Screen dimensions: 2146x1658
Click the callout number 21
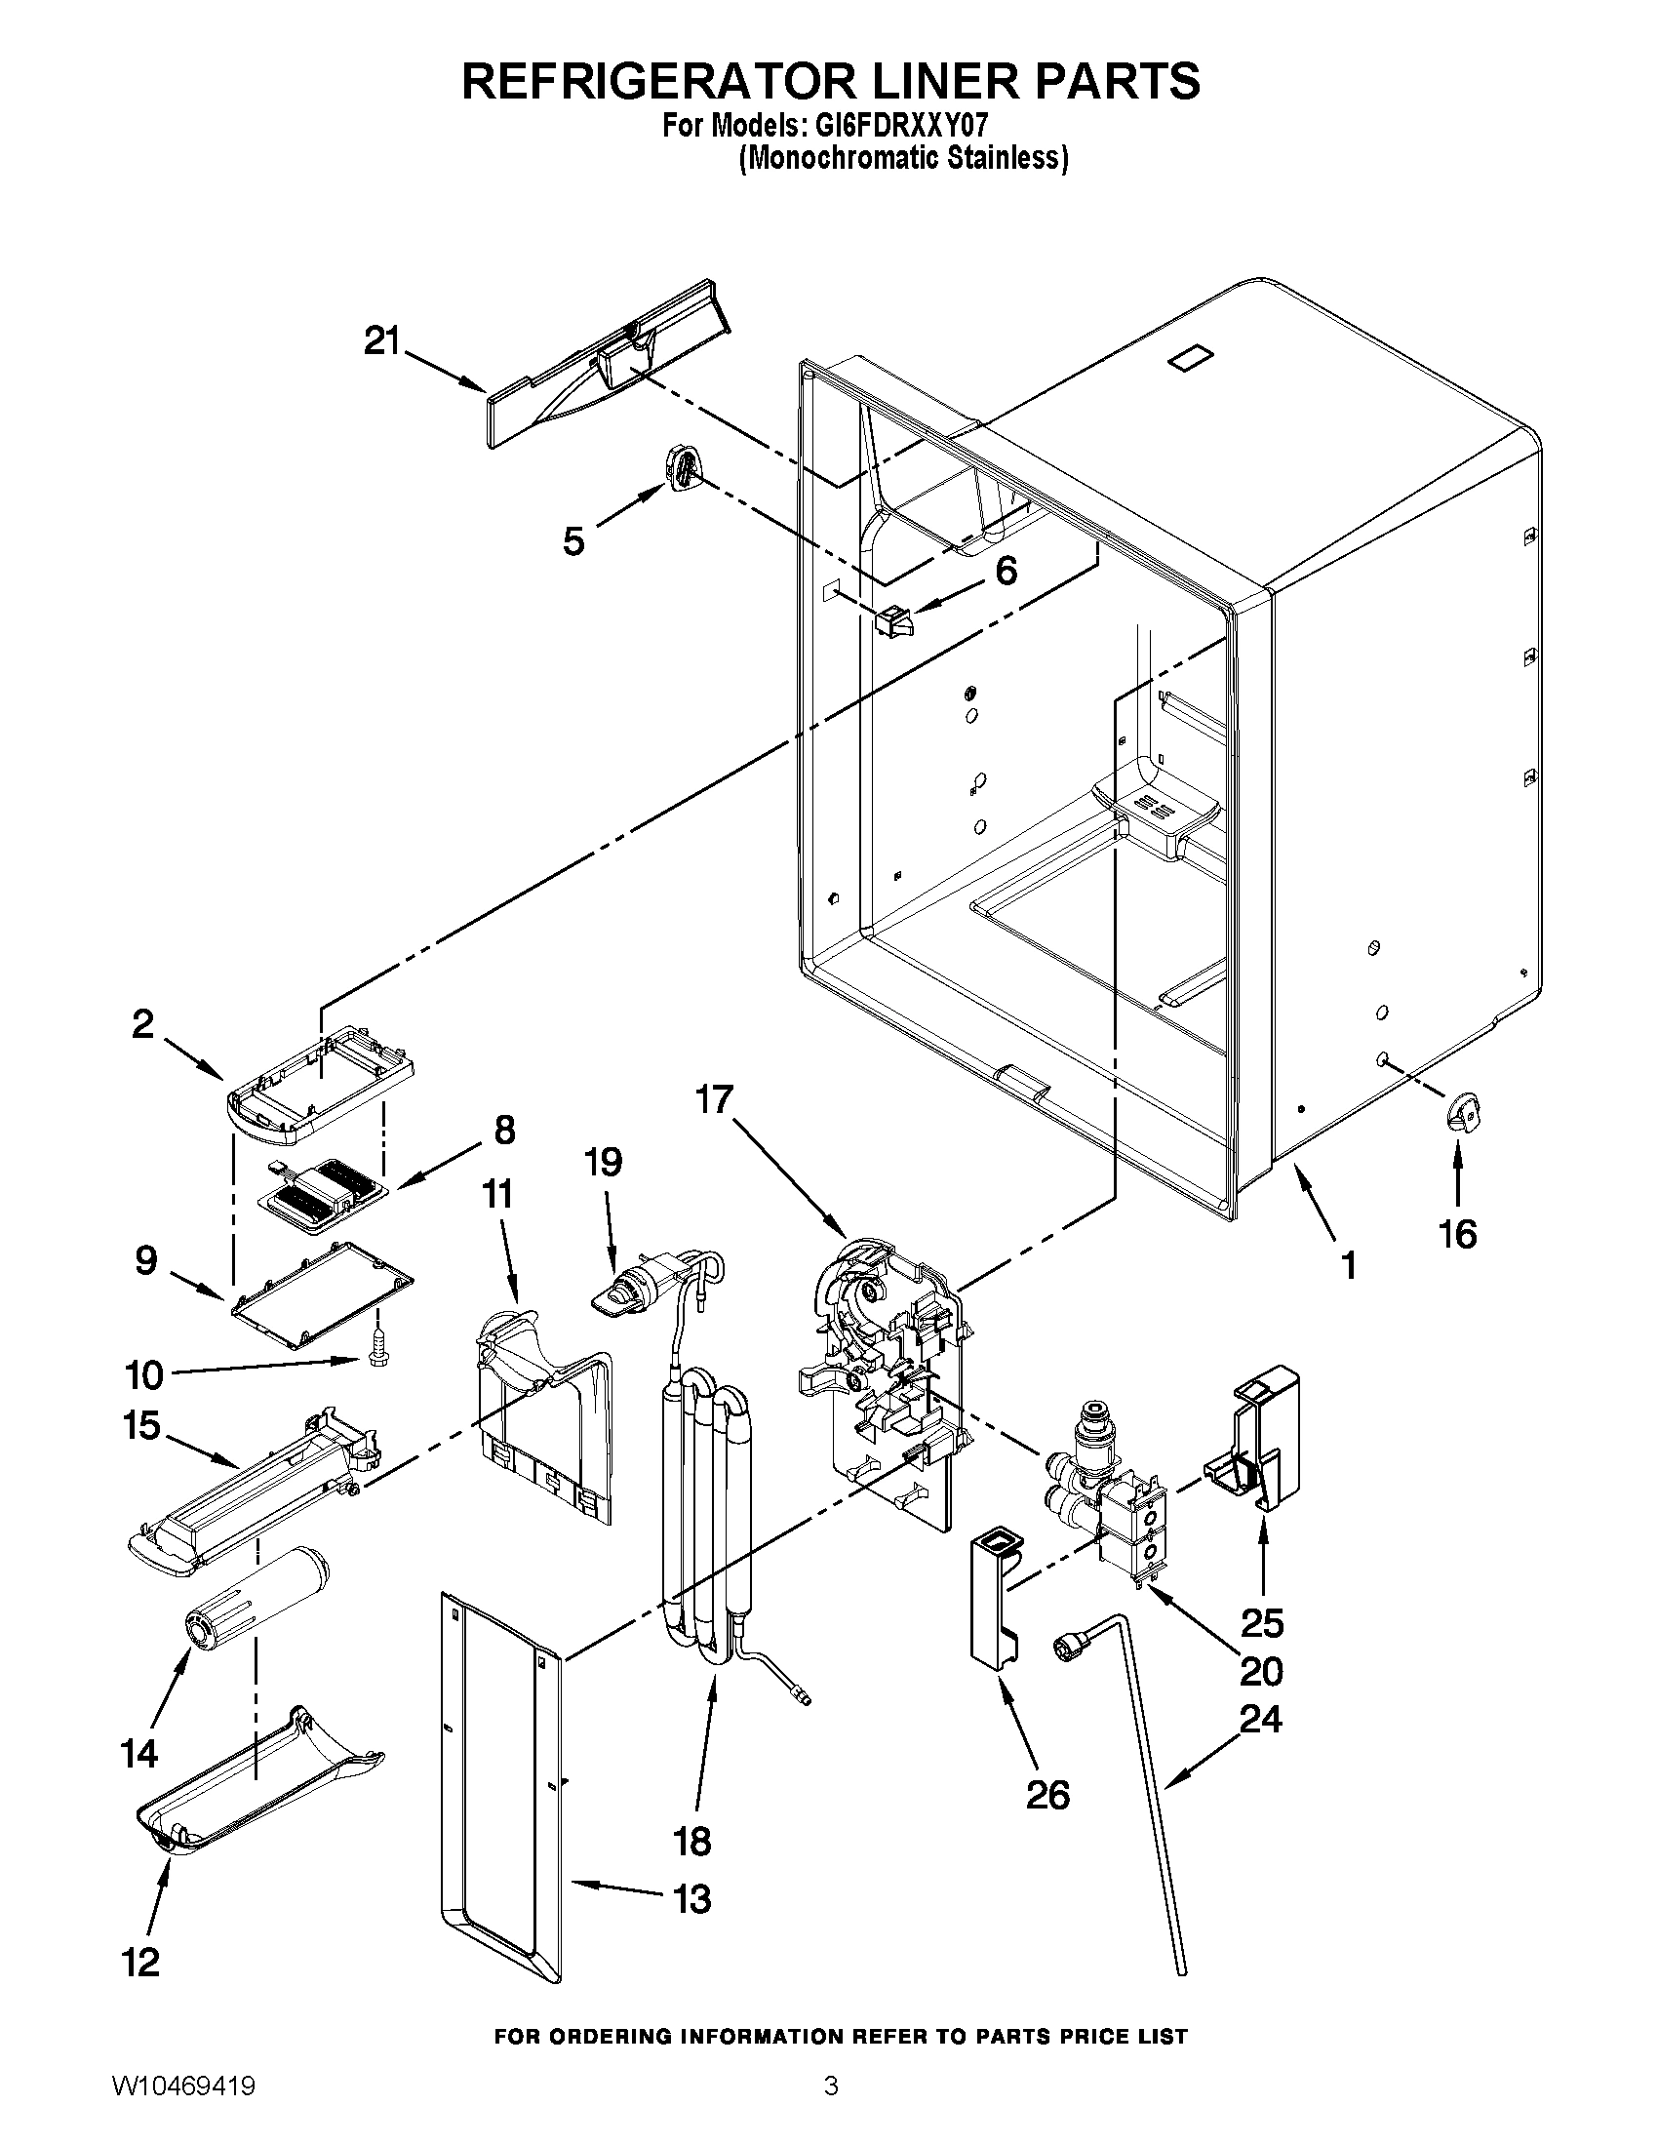point(382,342)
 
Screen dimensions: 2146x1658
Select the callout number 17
point(715,1099)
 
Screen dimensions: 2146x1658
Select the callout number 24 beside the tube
point(1261,1720)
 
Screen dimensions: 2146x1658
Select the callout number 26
point(1046,1795)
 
